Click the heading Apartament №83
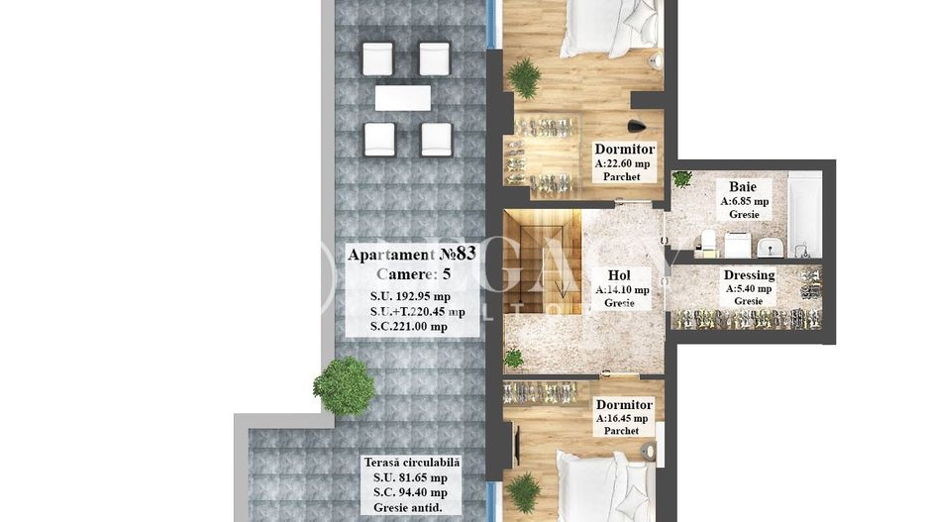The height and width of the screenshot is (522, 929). point(411,255)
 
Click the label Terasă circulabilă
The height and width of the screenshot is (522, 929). point(411,462)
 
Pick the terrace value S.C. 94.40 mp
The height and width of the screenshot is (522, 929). point(404,492)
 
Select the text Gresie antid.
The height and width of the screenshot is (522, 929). point(407,507)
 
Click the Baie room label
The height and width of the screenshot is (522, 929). point(743,186)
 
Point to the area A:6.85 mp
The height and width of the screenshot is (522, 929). point(744,200)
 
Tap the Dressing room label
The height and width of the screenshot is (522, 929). point(749,275)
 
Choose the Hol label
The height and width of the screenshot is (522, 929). point(620,275)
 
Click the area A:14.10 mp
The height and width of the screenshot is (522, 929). point(622,290)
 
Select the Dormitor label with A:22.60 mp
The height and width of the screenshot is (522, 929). point(624,150)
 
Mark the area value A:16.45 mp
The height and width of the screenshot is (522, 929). point(624,419)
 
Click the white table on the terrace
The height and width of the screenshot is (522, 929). point(402,99)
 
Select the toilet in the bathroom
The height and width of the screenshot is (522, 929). point(708,241)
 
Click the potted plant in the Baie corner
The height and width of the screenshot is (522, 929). point(681,179)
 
